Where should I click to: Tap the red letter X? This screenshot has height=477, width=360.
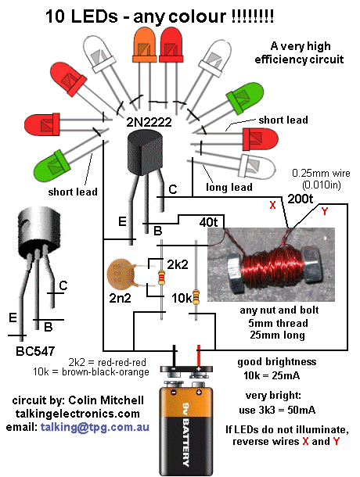point(272,205)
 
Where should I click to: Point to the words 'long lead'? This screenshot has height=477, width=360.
point(229,188)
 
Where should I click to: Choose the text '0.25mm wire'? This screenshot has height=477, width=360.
point(320,172)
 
